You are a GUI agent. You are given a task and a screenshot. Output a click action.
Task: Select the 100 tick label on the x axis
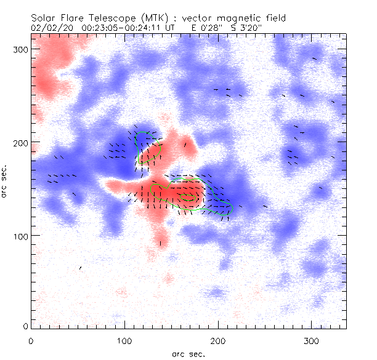coord(124,340)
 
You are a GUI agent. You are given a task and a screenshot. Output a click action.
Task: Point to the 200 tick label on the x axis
coord(218,340)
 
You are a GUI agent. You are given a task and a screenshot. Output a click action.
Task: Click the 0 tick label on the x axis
coord(31,340)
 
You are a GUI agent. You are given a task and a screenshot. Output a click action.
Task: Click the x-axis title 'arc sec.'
coord(188,353)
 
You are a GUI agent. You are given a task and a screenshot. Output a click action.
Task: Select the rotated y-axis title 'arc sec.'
coord(6,180)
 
